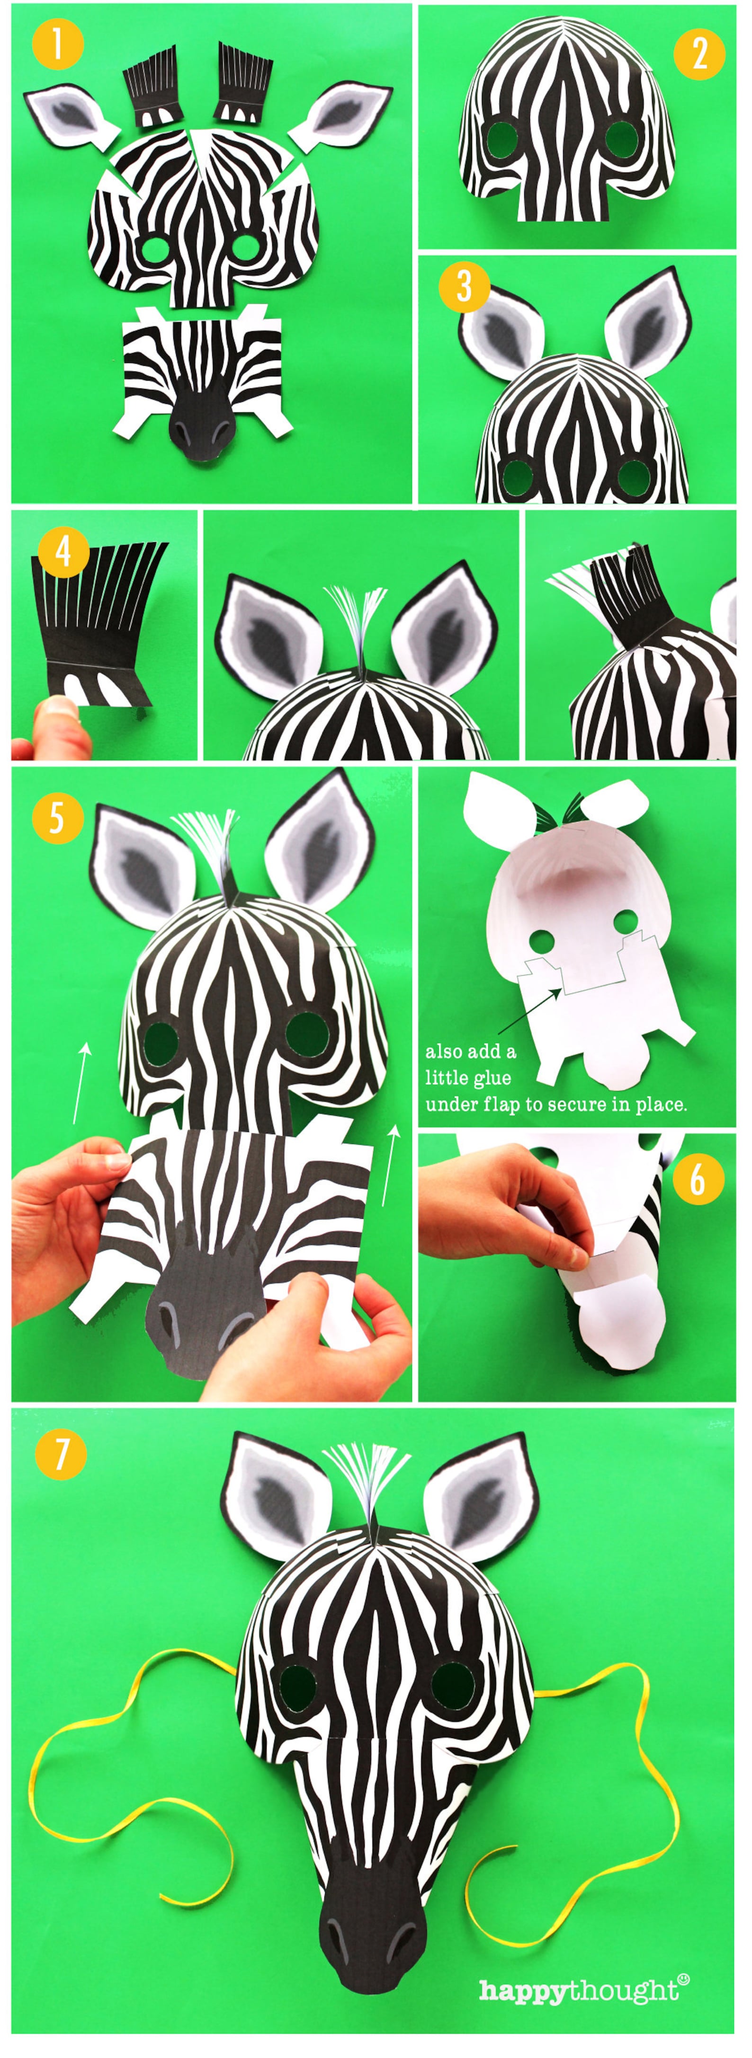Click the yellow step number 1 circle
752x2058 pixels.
(58, 45)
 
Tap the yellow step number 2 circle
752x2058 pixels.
(698, 54)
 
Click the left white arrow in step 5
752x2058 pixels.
(81, 1083)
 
